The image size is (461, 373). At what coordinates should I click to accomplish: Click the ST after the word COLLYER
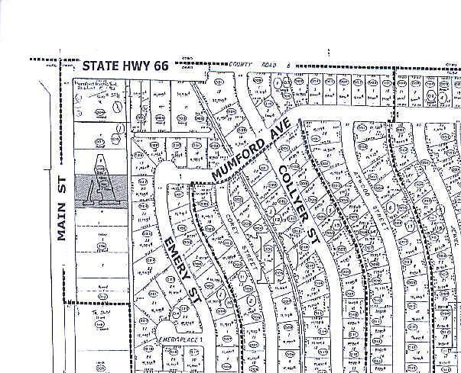[x=312, y=225]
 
